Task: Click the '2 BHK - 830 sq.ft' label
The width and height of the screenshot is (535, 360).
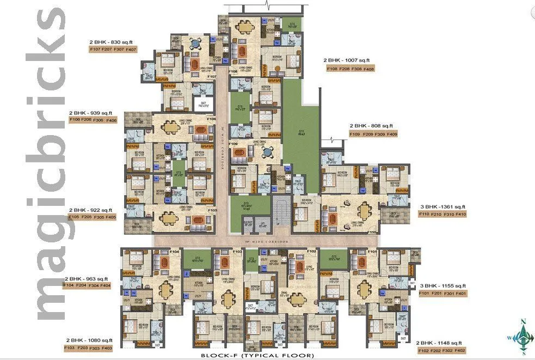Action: click(113, 41)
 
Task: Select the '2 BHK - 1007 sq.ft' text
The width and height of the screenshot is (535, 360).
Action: click(346, 60)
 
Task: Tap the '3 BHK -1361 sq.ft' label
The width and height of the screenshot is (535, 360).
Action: click(442, 206)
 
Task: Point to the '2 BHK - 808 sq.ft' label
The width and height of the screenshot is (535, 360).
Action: click(371, 126)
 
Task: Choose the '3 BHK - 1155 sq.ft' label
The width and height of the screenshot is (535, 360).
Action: click(442, 285)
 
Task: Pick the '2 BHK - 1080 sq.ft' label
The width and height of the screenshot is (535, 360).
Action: click(89, 340)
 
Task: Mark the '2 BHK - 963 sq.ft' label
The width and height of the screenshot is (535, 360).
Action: click(88, 278)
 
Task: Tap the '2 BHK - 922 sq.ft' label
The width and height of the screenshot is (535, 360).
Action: click(90, 210)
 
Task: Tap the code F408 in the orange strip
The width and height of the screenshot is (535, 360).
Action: click(368, 69)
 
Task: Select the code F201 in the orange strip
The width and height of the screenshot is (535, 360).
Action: click(440, 294)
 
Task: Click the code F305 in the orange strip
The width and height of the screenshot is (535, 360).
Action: click(99, 217)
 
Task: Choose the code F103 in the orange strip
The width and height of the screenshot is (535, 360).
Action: click(70, 348)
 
